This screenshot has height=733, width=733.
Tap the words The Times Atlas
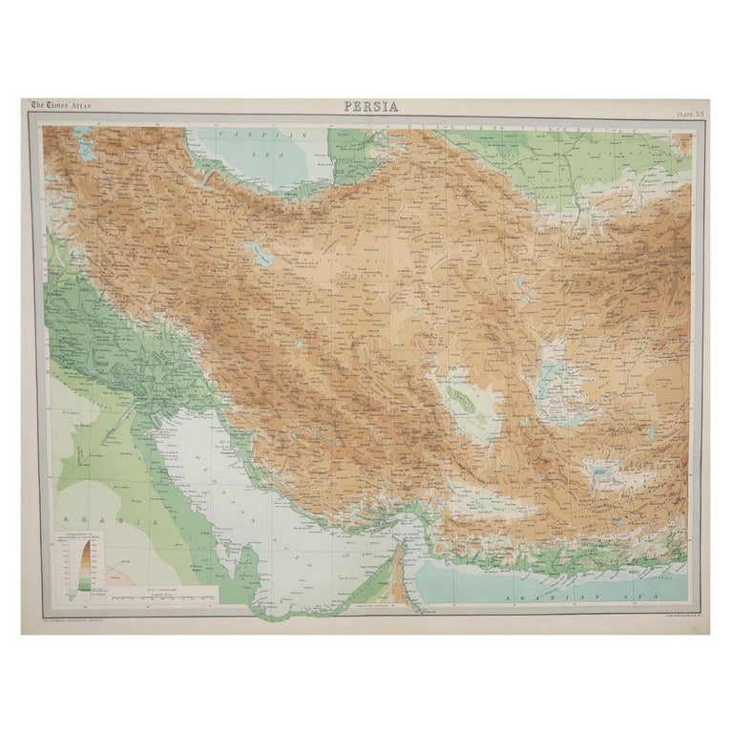pos(62,106)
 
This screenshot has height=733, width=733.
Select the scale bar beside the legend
pos(162,597)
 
